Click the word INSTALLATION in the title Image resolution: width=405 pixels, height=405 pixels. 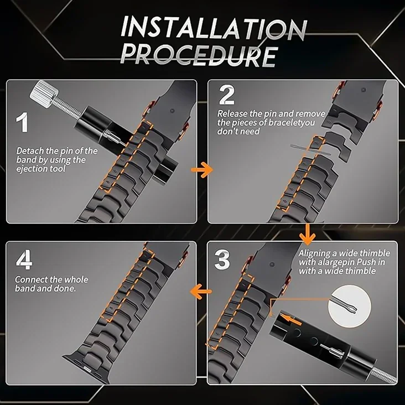coord(214,28)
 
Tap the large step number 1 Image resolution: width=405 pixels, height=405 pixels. coord(22,122)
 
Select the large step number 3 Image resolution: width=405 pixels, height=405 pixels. coord(222,260)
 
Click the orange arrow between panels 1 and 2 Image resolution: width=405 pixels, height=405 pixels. coord(202,170)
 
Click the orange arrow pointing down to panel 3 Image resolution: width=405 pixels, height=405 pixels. coord(307,234)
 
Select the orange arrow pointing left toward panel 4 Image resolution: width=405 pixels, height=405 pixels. coord(201,292)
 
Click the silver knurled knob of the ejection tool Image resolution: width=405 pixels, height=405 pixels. coord(45,94)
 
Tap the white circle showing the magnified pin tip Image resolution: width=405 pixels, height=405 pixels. coord(350,306)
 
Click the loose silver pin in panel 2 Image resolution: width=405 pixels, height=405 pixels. coord(310,150)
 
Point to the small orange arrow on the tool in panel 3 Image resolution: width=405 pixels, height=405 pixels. coord(290,319)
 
